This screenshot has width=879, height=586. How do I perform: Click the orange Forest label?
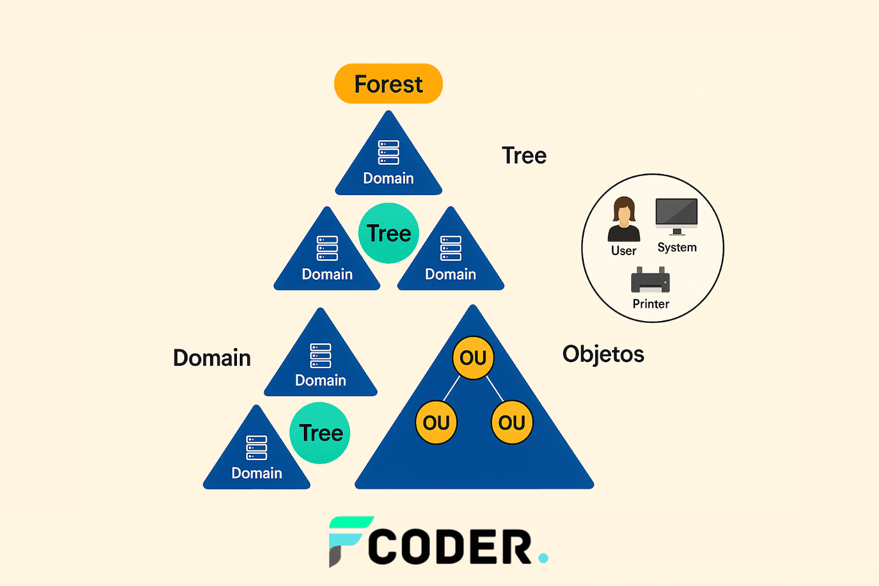point(389,84)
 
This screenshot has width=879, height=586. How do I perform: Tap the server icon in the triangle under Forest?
point(389,152)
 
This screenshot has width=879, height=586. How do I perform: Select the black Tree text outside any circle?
point(524,156)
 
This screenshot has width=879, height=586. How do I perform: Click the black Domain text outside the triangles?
point(212,358)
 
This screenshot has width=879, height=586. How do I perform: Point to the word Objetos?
point(603,354)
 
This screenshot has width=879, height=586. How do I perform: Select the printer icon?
point(650,280)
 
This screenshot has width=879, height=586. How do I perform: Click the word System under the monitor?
point(677,247)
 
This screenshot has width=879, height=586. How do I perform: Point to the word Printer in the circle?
point(651,304)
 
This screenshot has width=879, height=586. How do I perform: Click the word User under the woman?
point(623,251)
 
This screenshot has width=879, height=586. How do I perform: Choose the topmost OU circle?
point(473,358)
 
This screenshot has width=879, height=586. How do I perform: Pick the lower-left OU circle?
point(436,422)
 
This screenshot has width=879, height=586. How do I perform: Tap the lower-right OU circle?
point(512,422)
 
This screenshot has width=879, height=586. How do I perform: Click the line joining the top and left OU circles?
point(452,388)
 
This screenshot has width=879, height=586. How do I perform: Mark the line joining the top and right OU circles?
point(494,388)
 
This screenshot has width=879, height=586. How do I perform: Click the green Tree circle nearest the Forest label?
point(389,233)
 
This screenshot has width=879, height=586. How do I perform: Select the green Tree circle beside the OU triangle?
point(320,433)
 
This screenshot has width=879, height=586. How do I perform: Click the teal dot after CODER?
point(543,557)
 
